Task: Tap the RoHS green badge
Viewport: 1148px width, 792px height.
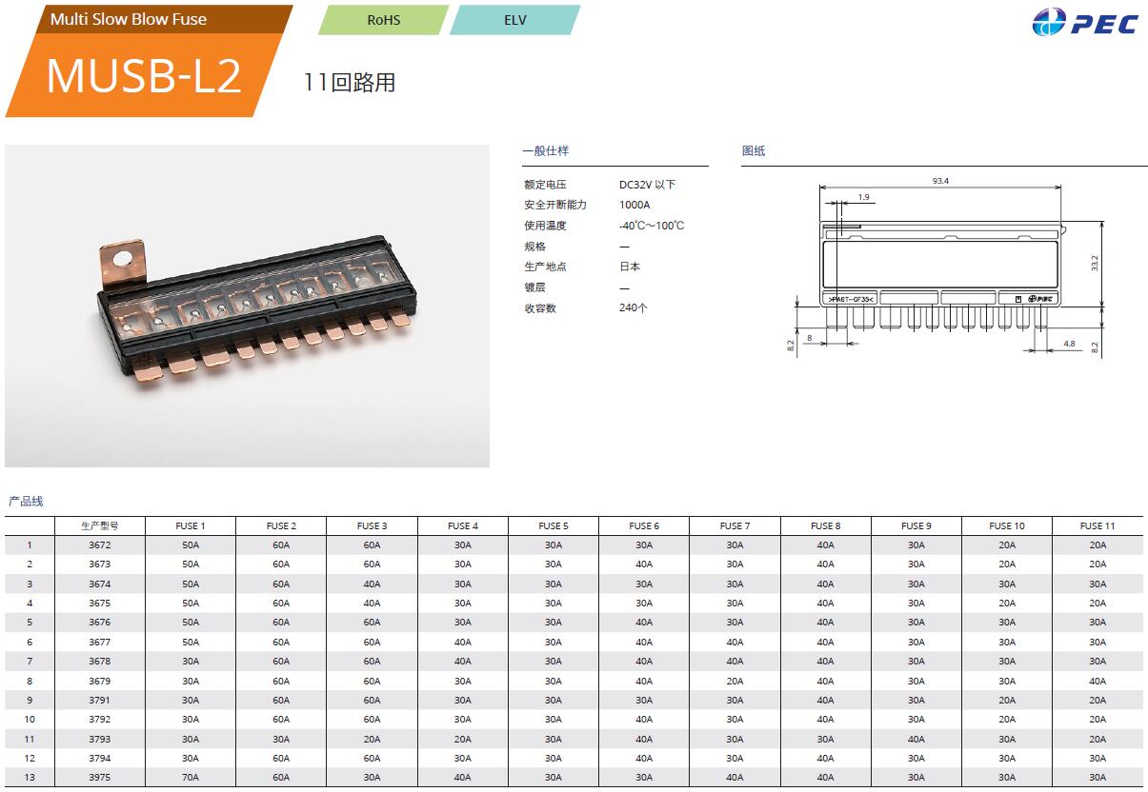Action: point(383,20)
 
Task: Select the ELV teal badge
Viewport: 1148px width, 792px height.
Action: point(514,20)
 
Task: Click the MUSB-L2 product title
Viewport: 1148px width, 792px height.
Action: point(143,76)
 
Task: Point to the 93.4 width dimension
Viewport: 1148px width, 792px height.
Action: point(940,181)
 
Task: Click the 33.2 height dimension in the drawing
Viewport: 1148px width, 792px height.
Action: point(1095,264)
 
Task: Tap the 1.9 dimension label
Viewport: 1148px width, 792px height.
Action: point(863,197)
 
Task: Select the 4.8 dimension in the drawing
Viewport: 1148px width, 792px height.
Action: point(1069,344)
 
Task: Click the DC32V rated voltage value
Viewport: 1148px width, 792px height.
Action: point(647,185)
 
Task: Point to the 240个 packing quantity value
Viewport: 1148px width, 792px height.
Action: point(633,307)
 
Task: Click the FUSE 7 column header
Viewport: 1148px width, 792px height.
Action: point(735,525)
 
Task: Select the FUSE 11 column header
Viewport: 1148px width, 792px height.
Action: point(1098,525)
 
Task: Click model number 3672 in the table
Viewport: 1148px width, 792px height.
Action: point(100,545)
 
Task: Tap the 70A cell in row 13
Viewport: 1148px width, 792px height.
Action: point(191,778)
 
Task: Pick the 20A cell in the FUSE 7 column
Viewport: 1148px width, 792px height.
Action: point(735,681)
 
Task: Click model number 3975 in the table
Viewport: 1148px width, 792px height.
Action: point(100,778)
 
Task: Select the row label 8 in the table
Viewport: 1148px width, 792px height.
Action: point(30,681)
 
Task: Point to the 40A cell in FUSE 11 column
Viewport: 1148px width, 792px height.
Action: point(1098,681)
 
